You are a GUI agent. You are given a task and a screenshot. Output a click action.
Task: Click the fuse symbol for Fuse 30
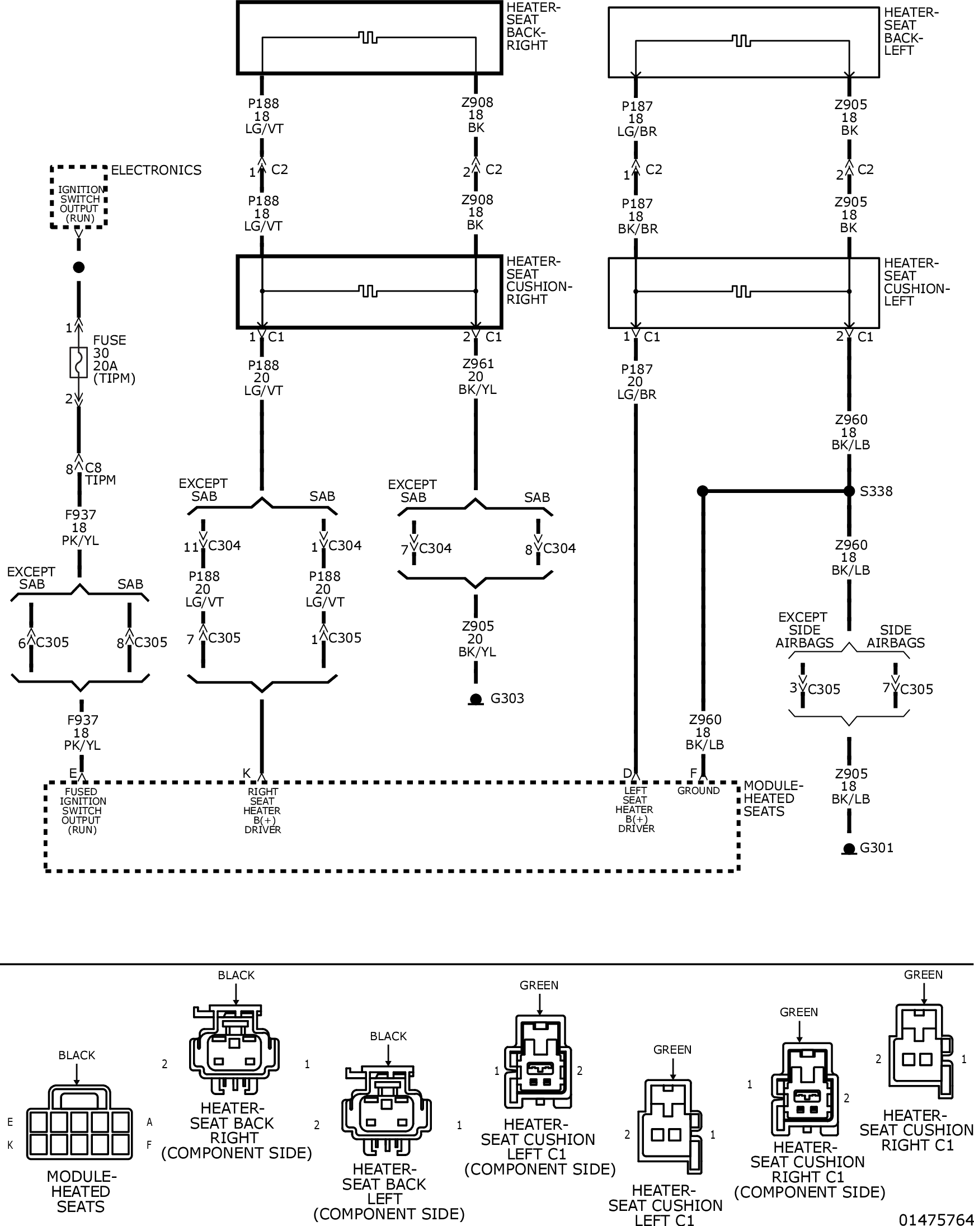78,362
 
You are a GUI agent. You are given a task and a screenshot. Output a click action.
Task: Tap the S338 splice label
876,491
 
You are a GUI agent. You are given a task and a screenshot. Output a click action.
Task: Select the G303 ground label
507,698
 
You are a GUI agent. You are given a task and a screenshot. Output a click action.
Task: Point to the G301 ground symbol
849,849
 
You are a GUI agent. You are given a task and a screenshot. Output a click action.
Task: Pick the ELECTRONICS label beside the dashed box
156,170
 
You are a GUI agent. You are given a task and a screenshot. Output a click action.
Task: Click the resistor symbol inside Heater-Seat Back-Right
369,39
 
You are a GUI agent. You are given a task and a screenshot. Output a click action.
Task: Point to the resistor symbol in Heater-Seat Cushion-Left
741,291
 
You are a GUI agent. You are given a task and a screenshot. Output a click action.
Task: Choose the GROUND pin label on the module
698,791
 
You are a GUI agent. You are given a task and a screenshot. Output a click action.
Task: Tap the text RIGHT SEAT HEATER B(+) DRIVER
262,810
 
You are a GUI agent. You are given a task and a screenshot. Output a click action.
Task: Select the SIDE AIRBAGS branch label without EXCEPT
896,636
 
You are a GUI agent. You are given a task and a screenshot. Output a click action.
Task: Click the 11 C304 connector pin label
212,546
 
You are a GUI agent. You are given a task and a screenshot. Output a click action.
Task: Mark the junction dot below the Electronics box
79,267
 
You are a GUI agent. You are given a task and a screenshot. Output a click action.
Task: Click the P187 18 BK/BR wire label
637,216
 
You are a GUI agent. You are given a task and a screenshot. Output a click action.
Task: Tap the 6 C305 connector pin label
43,642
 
